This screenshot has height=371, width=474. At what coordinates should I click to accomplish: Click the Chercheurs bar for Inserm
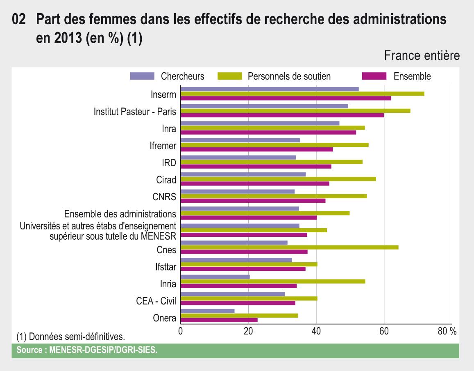(270, 89)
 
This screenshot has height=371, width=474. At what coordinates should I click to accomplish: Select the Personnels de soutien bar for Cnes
(289, 247)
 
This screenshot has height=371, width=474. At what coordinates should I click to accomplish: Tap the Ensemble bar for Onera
(219, 320)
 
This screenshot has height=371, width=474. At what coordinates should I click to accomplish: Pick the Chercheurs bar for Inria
(215, 277)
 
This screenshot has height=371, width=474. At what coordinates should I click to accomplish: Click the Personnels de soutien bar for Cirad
(278, 179)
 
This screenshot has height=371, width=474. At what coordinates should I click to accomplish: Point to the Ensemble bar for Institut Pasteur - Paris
(282, 115)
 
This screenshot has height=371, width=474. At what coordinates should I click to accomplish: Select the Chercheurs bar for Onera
(208, 311)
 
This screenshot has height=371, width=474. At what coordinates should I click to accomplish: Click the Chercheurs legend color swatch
(142, 76)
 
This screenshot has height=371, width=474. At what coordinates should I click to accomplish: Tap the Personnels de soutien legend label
(289, 76)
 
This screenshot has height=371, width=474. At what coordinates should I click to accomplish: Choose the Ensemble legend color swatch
(374, 76)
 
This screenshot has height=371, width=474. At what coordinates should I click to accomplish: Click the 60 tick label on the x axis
(384, 332)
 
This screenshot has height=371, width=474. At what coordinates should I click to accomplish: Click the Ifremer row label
(163, 146)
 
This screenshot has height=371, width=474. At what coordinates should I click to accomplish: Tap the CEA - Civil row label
(156, 301)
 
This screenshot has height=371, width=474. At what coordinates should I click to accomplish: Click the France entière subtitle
(422, 56)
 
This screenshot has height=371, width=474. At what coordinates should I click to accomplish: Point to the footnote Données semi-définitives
(70, 337)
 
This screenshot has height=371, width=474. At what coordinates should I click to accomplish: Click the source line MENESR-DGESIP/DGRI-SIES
(87, 350)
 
